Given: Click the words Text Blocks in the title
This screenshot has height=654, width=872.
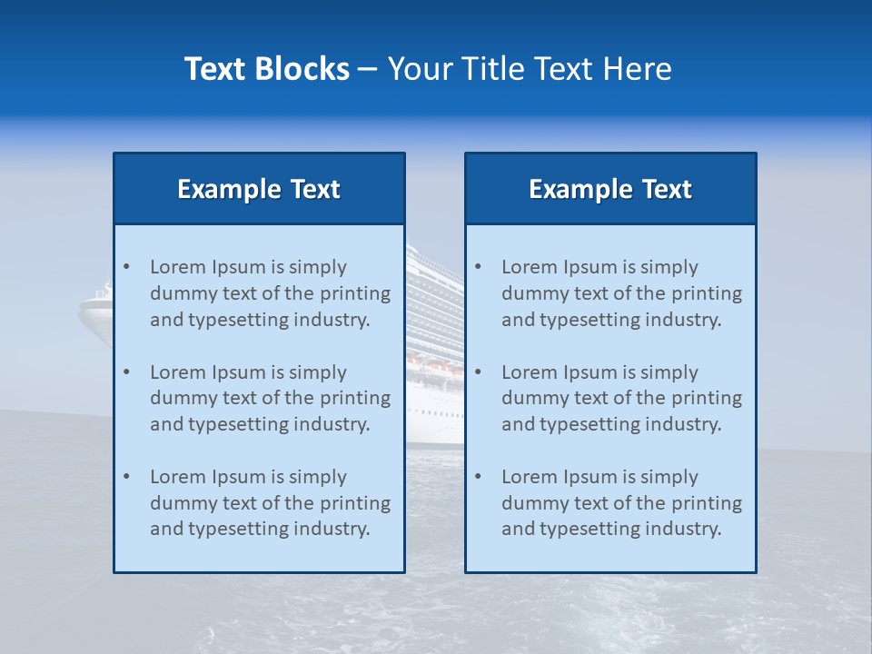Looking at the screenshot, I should (x=266, y=69).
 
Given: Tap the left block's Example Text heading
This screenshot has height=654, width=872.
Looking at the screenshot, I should (x=259, y=189).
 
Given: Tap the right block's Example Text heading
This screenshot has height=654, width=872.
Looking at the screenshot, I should (x=610, y=189).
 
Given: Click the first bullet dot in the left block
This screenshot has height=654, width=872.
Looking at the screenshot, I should (x=126, y=267).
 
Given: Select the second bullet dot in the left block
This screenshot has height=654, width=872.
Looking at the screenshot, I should (x=126, y=372).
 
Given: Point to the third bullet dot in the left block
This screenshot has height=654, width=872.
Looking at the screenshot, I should (x=126, y=477).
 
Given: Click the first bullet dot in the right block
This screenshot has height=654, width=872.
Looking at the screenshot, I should (x=478, y=267).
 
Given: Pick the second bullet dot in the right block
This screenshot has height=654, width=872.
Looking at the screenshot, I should (x=478, y=372).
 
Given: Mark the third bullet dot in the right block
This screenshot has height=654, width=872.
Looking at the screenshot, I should (x=478, y=477).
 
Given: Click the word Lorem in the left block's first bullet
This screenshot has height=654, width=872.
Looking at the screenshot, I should (x=178, y=267).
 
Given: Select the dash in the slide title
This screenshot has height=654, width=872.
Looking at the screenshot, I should (x=368, y=70).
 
